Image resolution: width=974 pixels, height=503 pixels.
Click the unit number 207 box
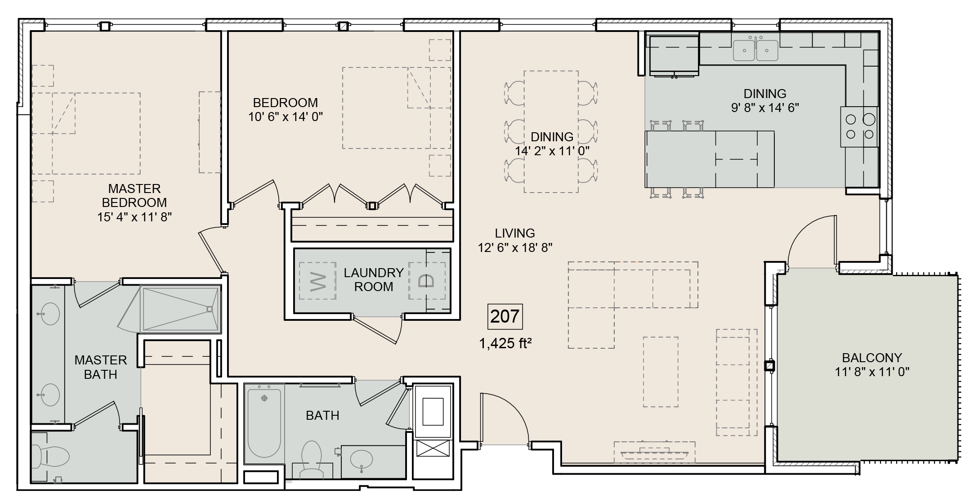(x=505, y=317)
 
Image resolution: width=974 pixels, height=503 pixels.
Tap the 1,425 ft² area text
(x=505, y=344)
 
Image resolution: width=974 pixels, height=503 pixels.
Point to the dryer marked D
(x=427, y=281)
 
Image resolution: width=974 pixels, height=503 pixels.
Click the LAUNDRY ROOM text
(x=373, y=279)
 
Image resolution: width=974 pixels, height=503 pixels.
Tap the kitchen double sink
(x=755, y=50)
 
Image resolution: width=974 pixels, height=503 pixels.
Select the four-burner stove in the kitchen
(x=859, y=127)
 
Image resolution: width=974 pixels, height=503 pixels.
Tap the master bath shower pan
(x=181, y=309)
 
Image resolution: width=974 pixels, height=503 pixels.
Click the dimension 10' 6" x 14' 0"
(x=285, y=117)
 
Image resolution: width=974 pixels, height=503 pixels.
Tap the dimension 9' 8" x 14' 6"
(x=764, y=108)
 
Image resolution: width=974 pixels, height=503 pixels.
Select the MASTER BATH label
(x=101, y=367)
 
